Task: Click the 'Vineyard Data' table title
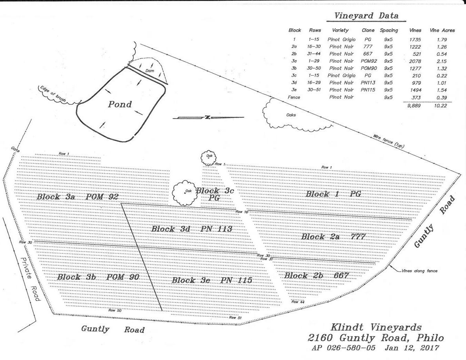(366, 16)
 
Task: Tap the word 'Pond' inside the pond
(120, 104)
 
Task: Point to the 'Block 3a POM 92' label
(77, 197)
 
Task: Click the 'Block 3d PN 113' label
(192, 229)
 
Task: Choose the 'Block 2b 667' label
(316, 276)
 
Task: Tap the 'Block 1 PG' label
(333, 194)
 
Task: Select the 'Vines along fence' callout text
(419, 271)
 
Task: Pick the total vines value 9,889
(414, 105)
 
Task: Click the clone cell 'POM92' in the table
(368, 61)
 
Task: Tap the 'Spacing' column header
(388, 30)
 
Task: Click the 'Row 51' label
(235, 318)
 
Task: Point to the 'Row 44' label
(298, 302)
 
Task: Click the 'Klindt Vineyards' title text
(376, 327)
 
